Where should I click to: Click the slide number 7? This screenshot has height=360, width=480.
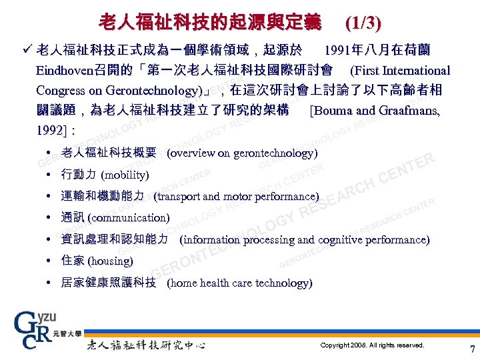tap(473, 349)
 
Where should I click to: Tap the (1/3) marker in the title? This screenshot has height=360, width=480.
tap(363, 23)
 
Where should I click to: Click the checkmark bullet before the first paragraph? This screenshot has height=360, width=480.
tap(27, 50)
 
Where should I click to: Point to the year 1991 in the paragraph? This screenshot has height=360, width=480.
tap(337, 50)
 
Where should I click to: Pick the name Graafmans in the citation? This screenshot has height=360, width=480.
tap(407, 111)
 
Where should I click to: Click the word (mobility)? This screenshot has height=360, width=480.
tap(125, 175)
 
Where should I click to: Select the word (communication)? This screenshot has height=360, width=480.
tap(129, 218)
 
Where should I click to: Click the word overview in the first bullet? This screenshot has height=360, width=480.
tap(192, 153)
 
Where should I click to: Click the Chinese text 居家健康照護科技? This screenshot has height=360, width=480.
tap(109, 283)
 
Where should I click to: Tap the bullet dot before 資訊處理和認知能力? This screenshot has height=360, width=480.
tap(51, 239)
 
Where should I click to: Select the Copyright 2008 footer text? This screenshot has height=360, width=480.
tap(372, 345)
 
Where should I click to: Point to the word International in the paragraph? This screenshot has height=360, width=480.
tap(417, 71)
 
